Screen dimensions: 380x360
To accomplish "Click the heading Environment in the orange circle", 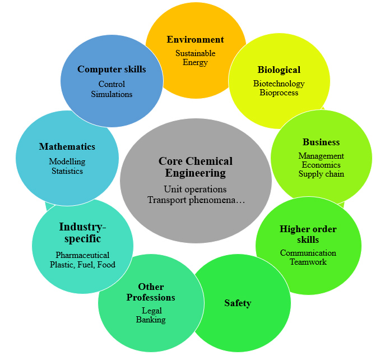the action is pyautogui.click(x=195, y=39).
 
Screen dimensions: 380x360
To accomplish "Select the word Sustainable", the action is pyautogui.click(x=196, y=53).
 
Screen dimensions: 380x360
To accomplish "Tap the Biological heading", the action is pyautogui.click(x=279, y=70).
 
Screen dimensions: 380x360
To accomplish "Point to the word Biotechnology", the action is pyautogui.click(x=279, y=84).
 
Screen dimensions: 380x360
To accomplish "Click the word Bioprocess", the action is pyautogui.click(x=279, y=93).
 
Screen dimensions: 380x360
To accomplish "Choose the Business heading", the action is pyautogui.click(x=321, y=142).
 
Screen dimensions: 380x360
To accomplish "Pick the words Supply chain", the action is pyautogui.click(x=321, y=174).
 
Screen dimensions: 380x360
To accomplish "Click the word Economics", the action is pyautogui.click(x=321, y=165).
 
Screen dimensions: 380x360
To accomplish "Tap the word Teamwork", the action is pyautogui.click(x=308, y=262).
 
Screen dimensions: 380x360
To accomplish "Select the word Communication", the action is pyautogui.click(x=308, y=253).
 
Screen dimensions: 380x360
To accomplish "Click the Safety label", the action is pyautogui.click(x=238, y=303).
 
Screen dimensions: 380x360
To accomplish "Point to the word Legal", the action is pyautogui.click(x=152, y=311).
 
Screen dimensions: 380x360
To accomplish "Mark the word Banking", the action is pyautogui.click(x=151, y=320).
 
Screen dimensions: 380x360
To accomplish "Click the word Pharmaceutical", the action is pyautogui.click(x=82, y=255).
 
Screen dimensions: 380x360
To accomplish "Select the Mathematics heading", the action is pyautogui.click(x=67, y=147).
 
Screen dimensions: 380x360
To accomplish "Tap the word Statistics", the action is pyautogui.click(x=67, y=171).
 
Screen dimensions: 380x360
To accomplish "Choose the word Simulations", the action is pyautogui.click(x=112, y=94).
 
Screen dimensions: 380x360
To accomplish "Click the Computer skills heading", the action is pyautogui.click(x=112, y=70).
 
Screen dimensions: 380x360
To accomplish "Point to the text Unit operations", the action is pyautogui.click(x=195, y=190).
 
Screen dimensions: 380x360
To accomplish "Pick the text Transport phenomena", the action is pyautogui.click(x=192, y=200).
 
